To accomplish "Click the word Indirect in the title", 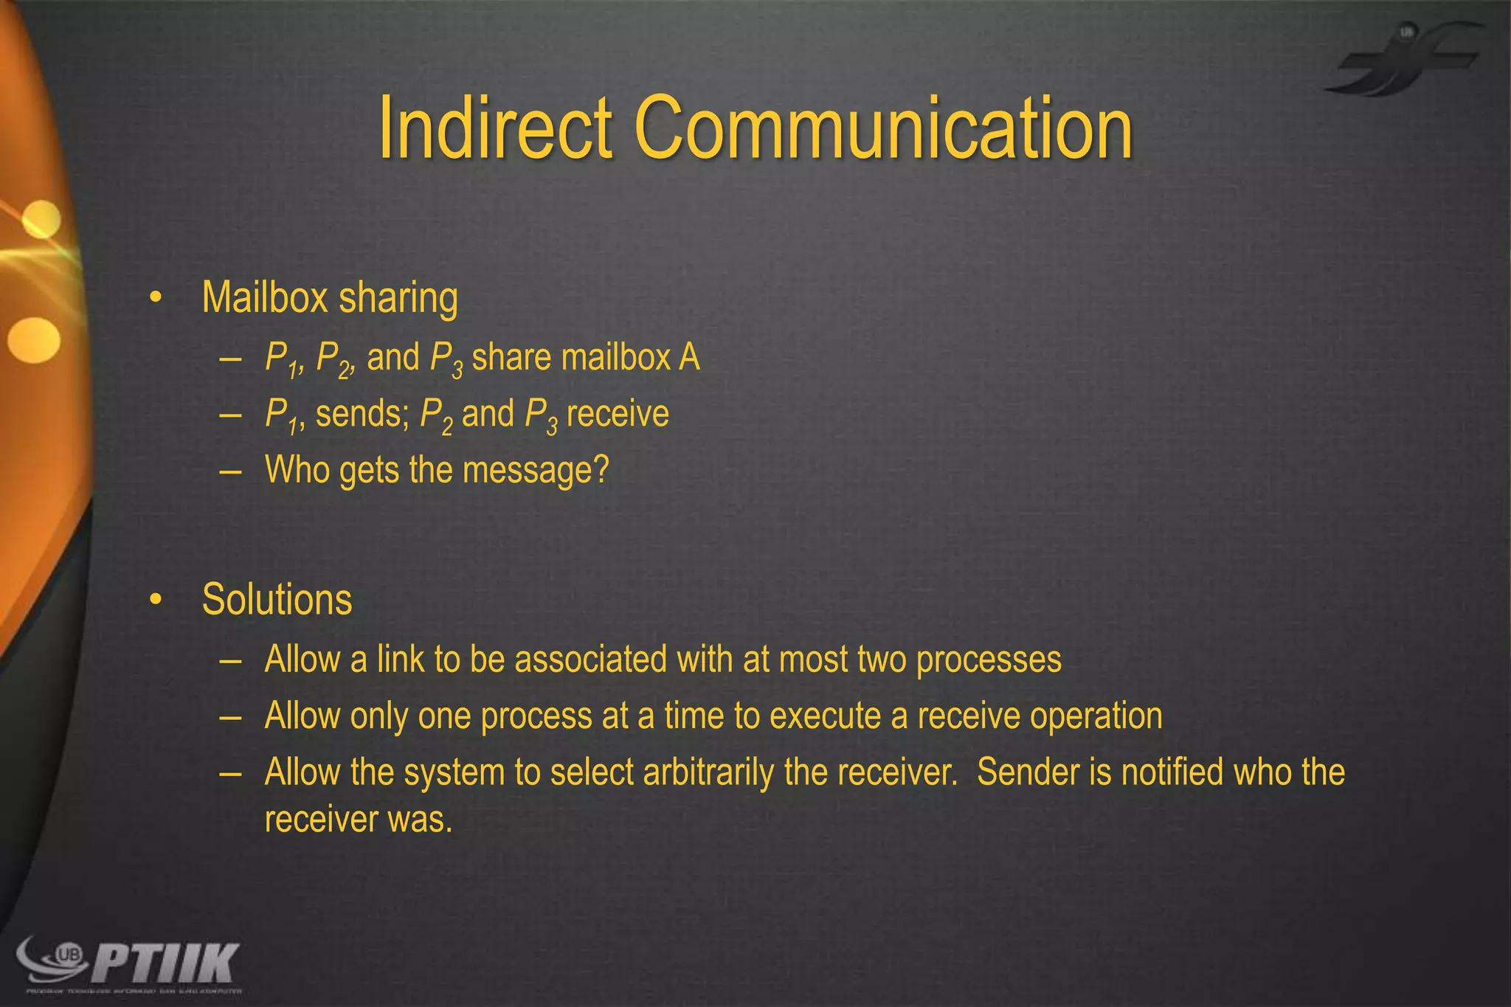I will [495, 128].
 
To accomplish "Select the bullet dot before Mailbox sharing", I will [155, 298].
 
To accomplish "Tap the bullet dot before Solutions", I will [155, 600].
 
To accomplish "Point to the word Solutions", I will [277, 600].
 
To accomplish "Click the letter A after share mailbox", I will [689, 358].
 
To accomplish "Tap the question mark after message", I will [601, 470].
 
